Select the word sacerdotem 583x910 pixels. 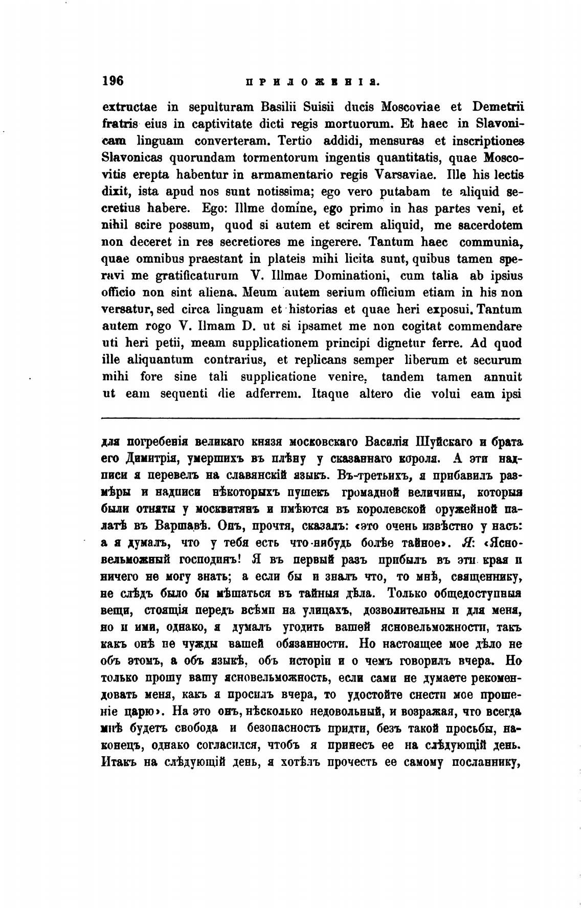(488, 225)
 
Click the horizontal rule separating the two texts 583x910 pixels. (311, 419)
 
